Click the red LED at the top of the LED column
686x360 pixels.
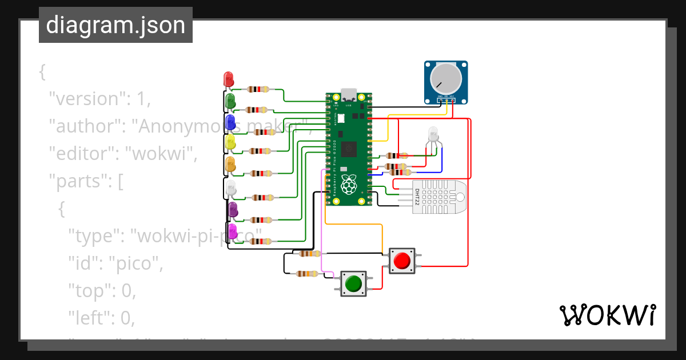coord(228,79)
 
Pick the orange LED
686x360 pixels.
coord(230,164)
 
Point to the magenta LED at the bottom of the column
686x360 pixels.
coord(233,231)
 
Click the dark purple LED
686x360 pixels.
coord(233,210)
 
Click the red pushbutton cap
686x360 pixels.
coord(402,261)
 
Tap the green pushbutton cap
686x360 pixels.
coord(353,283)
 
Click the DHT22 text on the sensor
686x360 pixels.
coord(417,197)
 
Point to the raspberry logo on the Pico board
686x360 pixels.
coord(348,185)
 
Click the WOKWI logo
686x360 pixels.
coord(607,315)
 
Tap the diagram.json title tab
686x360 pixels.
coord(115,25)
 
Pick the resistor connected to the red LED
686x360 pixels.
coord(258,89)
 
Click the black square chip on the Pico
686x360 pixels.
coord(349,150)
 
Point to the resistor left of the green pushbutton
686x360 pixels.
coord(308,274)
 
